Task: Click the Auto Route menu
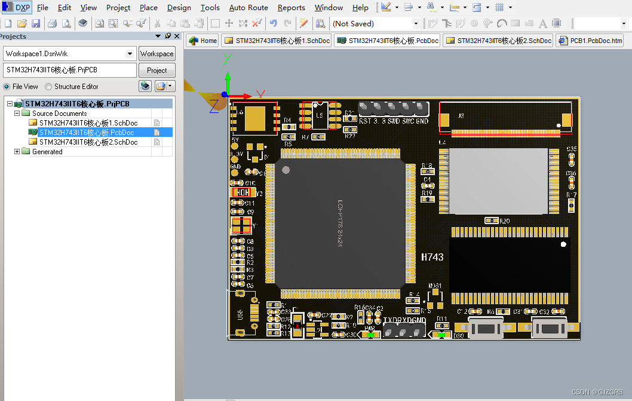pyautogui.click(x=248, y=8)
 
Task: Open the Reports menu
pyautogui.click(x=292, y=8)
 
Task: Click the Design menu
pyautogui.click(x=179, y=8)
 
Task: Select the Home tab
pyautogui.click(x=203, y=41)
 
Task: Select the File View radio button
pyautogui.click(x=8, y=87)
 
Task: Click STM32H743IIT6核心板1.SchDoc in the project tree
pyautogui.click(x=88, y=123)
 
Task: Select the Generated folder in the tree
pyautogui.click(x=47, y=152)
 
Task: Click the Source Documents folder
pyautogui.click(x=59, y=114)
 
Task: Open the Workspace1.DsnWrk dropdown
pyautogui.click(x=130, y=54)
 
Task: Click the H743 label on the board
pyautogui.click(x=432, y=257)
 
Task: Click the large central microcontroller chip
pyautogui.click(x=339, y=222)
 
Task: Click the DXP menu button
pyautogui.click(x=17, y=8)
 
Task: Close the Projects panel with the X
pyautogui.click(x=177, y=36)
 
